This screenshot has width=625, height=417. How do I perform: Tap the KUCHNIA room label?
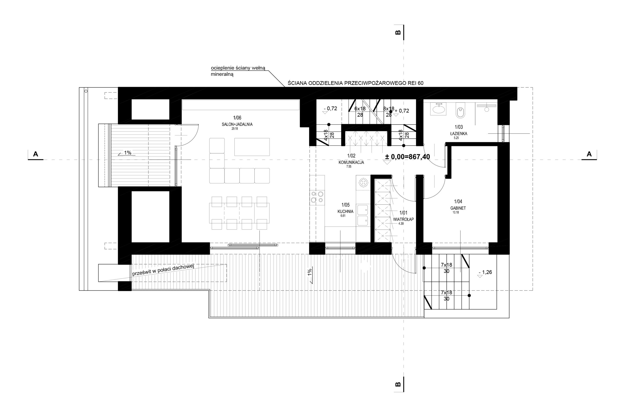click(345, 211)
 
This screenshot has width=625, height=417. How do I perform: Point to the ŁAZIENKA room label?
click(458, 133)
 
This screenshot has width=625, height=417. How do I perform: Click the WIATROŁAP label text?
click(404, 219)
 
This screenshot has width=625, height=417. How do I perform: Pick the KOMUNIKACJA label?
click(351, 162)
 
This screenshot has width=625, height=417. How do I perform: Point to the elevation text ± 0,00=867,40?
click(407, 157)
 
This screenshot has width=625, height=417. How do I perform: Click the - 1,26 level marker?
click(485, 272)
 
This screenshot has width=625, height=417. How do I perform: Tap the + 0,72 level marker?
click(402, 111)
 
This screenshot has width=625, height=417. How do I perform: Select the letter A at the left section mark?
click(35, 154)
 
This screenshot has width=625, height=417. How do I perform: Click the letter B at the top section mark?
click(398, 33)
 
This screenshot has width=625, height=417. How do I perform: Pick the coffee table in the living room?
click(252, 147)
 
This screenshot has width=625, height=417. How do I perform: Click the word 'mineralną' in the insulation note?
click(222, 75)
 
